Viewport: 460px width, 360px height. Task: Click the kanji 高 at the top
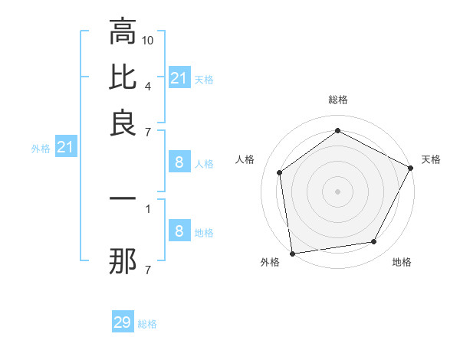123,32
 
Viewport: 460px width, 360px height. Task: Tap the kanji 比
123,77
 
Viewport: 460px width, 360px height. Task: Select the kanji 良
123,123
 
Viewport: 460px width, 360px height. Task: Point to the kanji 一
123,198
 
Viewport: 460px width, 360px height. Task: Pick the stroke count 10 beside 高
149,39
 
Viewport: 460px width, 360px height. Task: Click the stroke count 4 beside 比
148,85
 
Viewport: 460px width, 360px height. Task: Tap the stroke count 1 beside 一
148,207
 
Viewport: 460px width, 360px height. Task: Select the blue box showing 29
123,322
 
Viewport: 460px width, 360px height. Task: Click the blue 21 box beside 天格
179,78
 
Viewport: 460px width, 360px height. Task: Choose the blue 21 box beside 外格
65,147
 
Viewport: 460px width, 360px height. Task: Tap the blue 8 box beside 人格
179,162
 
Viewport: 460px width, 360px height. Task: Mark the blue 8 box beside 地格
179,231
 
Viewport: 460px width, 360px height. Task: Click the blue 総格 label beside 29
147,324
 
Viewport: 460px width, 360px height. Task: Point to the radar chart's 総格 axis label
337,100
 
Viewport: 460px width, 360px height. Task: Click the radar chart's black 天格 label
431,159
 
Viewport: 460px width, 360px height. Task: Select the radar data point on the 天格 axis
411,168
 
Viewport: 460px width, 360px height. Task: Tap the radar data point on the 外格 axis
292,253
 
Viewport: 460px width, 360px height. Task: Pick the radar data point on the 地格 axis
374,242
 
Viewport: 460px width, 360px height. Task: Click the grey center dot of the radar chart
337,191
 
